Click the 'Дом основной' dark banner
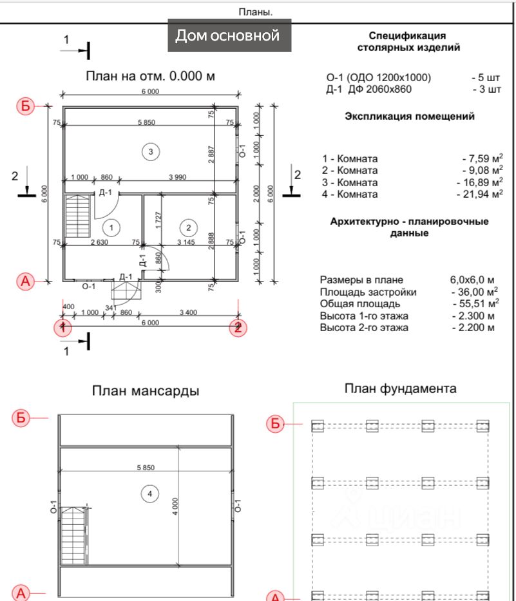coord(229,35)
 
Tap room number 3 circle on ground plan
coord(150,151)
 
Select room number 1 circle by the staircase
coord(111,227)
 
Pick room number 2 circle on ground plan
coord(189,227)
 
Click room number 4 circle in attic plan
coord(149,493)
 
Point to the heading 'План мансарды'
coord(145,391)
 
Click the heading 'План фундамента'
coord(400,388)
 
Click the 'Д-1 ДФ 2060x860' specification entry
coord(368,90)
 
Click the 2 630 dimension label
coord(98,242)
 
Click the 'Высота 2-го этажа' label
coord(364,328)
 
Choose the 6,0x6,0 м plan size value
coord(472,280)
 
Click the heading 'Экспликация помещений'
coord(410,117)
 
